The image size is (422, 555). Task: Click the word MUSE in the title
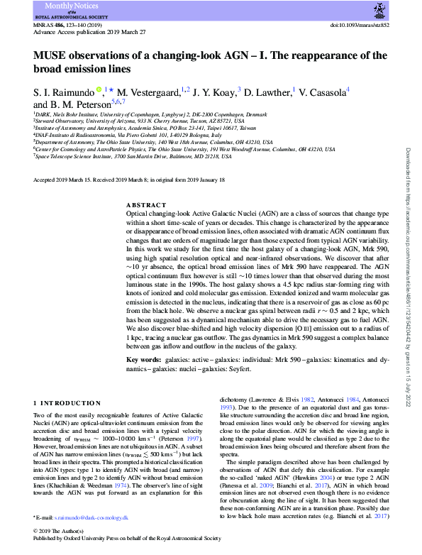50,56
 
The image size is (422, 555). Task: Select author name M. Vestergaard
145,91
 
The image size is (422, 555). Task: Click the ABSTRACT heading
145,204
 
